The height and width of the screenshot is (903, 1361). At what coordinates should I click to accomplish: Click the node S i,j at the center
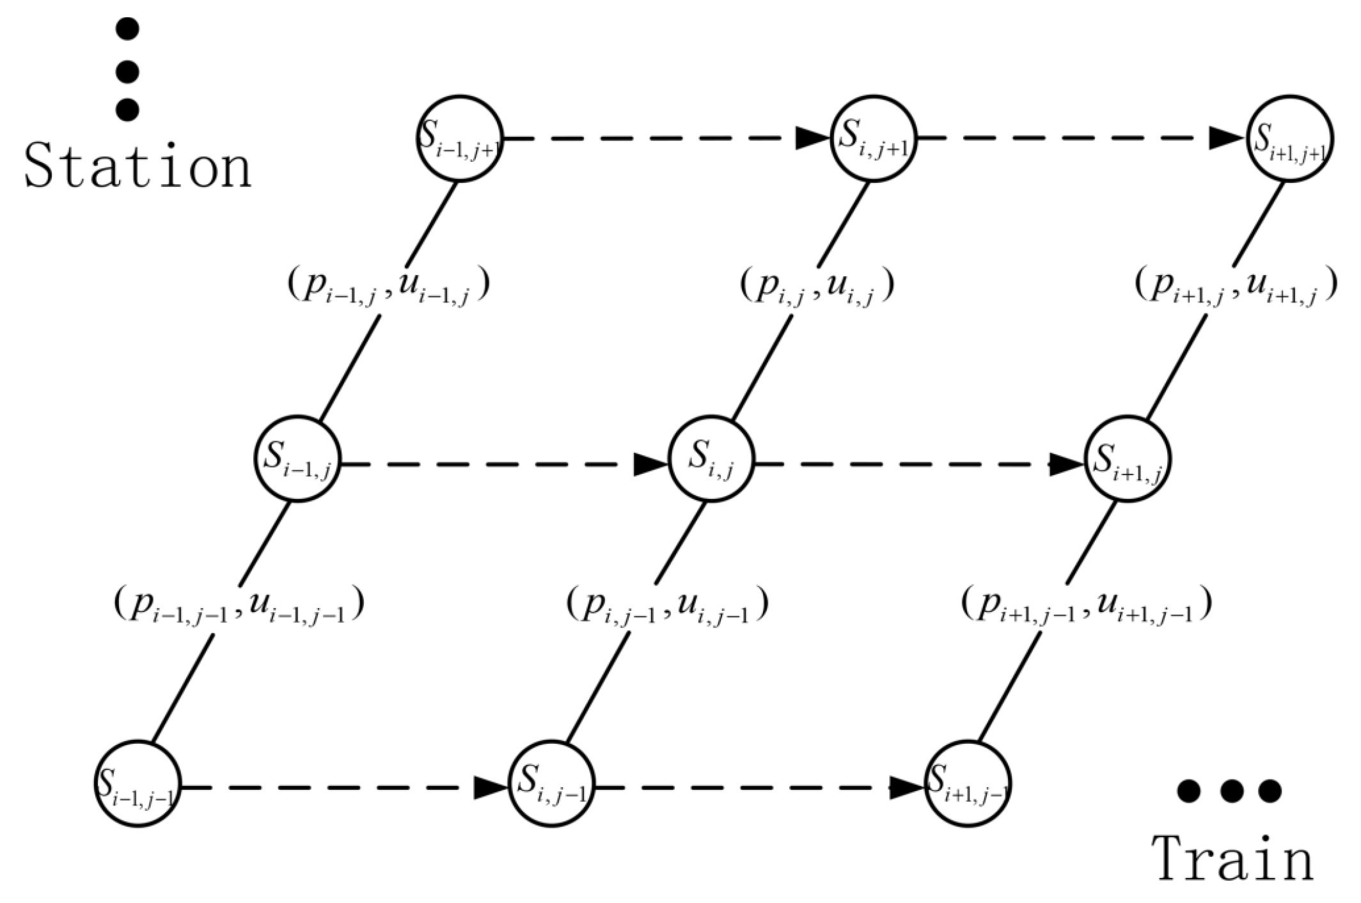pos(711,459)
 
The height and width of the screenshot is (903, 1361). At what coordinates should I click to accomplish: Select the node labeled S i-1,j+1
pos(460,139)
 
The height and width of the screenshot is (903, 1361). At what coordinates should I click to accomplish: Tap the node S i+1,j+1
pos(1291,139)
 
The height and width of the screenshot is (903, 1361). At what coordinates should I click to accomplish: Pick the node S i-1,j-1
pos(138,784)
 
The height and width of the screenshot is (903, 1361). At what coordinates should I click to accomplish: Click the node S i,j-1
pos(552,784)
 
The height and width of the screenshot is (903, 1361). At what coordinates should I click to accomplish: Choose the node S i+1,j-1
pos(968,784)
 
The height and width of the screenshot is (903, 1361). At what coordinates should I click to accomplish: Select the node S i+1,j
pos(1128,459)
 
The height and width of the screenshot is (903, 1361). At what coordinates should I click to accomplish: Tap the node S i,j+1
pos(874,139)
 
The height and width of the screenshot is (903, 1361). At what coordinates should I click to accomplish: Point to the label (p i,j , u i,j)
pos(817,286)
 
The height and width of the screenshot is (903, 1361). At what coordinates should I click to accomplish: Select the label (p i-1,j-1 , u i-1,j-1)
pos(239,605)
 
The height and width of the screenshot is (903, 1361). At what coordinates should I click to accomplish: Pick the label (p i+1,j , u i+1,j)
pos(1236,286)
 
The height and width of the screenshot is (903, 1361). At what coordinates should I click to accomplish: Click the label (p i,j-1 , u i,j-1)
pos(667,605)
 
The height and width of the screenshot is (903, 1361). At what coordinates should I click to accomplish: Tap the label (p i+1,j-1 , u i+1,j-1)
pos(1086,605)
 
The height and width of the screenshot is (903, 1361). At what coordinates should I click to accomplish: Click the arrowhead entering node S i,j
pos(651,464)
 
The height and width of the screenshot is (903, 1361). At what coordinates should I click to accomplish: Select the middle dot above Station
pos(128,72)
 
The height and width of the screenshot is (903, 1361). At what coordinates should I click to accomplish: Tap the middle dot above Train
pos(1230,791)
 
